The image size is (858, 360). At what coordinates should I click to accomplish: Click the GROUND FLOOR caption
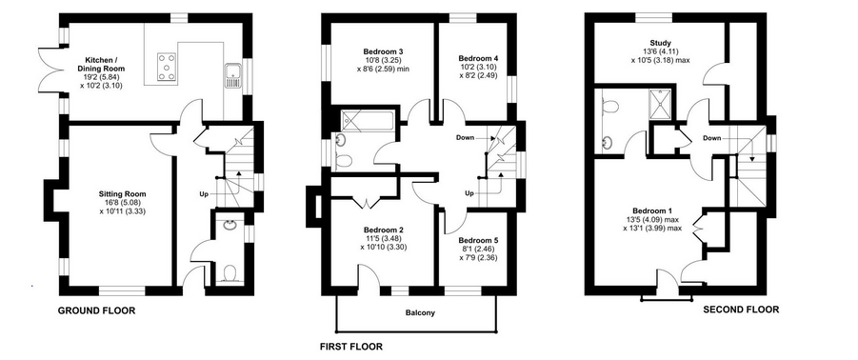(96, 311)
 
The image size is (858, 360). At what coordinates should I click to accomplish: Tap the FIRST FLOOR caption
(351, 347)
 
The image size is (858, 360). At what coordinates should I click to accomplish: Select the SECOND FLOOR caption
(741, 310)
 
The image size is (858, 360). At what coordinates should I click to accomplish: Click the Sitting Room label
(123, 193)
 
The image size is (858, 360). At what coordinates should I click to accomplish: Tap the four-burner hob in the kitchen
(167, 67)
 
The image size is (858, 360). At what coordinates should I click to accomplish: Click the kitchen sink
(232, 75)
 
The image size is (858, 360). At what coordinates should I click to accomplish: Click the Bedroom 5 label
(478, 241)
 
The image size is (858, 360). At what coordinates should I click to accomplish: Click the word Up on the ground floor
(203, 193)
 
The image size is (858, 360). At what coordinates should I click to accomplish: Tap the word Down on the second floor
(711, 138)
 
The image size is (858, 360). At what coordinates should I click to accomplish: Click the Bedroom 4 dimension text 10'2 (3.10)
(478, 67)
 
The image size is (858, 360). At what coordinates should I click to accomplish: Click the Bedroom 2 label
(383, 230)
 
